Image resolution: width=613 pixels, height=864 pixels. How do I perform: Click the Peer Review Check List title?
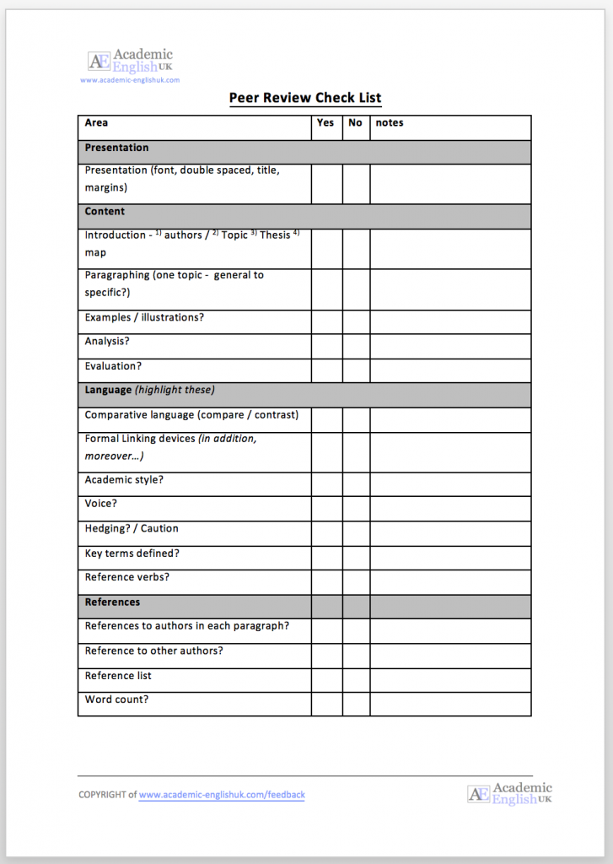(x=305, y=98)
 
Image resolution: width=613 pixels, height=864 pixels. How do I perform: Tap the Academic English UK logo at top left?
(x=130, y=61)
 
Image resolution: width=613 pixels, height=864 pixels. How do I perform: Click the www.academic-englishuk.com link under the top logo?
(x=130, y=80)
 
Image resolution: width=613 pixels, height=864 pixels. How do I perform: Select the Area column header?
(x=97, y=123)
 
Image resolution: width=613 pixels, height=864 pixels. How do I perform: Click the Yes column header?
(x=325, y=123)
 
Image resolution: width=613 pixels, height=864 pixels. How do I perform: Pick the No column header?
(x=355, y=123)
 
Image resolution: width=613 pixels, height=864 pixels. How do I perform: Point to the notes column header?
(x=390, y=123)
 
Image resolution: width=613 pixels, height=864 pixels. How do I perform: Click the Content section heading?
(x=105, y=212)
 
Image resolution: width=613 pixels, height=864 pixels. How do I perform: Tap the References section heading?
(x=112, y=602)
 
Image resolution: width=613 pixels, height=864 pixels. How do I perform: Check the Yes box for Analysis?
(x=326, y=346)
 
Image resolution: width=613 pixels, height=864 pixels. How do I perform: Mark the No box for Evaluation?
(x=356, y=370)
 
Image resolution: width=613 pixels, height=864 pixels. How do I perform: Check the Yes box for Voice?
(x=326, y=508)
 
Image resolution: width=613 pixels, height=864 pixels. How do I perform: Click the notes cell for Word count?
(x=450, y=704)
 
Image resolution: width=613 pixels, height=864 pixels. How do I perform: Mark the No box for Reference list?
(x=356, y=679)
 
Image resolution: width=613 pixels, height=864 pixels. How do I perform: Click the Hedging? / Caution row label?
(x=132, y=529)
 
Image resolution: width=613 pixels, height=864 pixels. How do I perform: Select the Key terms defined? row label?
(x=132, y=553)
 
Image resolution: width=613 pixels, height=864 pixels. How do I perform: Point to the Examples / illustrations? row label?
(x=144, y=318)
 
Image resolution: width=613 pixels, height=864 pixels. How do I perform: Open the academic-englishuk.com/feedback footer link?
(x=222, y=795)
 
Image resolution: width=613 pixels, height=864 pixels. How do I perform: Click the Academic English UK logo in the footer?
(x=509, y=793)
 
